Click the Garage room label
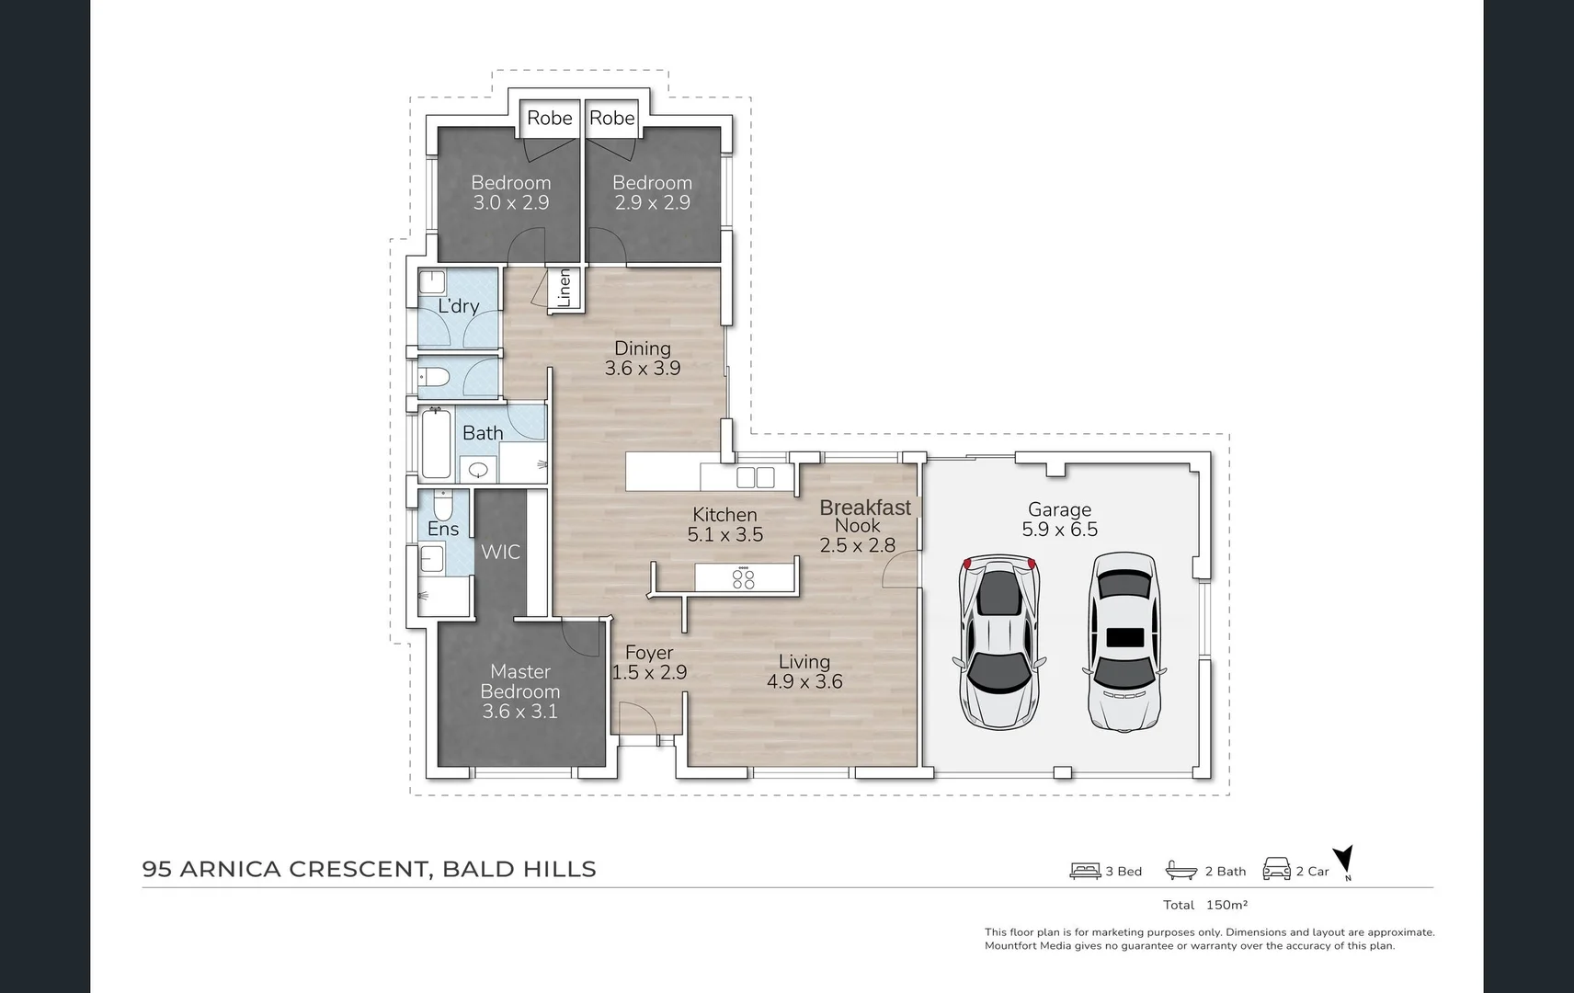pyautogui.click(x=1059, y=509)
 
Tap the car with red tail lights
pyautogui.click(x=999, y=642)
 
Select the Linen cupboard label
pyautogui.click(x=564, y=288)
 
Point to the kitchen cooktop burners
pyautogui.click(x=744, y=578)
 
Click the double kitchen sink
pyautogui.click(x=756, y=477)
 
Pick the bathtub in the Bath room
pyautogui.click(x=436, y=444)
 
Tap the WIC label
pyautogui.click(x=500, y=553)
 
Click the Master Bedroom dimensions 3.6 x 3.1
pyautogui.click(x=520, y=712)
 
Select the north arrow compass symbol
pyautogui.click(x=1344, y=861)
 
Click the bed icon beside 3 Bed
pyautogui.click(x=1085, y=871)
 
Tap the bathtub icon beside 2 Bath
pyautogui.click(x=1181, y=871)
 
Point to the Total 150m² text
pyautogui.click(x=1205, y=905)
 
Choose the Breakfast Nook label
pyautogui.click(x=864, y=516)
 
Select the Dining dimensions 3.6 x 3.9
pyautogui.click(x=643, y=369)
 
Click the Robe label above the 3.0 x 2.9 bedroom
pyautogui.click(x=550, y=118)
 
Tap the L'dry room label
pyautogui.click(x=458, y=306)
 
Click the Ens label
pyautogui.click(x=443, y=530)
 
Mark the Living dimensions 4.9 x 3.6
pyautogui.click(x=804, y=681)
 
